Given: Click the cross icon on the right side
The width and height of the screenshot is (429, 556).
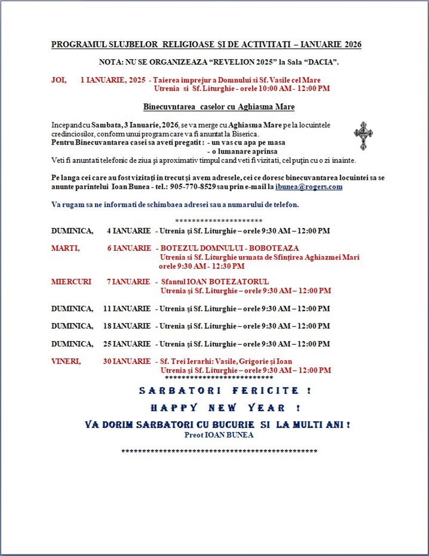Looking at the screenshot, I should (363, 135).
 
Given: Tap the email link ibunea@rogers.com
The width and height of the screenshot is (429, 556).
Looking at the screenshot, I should (309, 187).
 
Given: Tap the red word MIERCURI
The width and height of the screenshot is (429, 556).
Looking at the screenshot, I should (71, 281).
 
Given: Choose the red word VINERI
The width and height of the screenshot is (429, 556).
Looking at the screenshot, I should (66, 362).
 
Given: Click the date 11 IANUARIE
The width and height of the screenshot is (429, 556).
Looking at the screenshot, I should (127, 309).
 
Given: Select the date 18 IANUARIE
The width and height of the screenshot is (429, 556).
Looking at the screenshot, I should (127, 326).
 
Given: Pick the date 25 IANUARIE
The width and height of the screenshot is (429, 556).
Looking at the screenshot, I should (127, 344).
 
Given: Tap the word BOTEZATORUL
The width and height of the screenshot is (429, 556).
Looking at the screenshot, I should (241, 281).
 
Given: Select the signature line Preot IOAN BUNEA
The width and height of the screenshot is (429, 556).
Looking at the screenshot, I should (218, 435).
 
